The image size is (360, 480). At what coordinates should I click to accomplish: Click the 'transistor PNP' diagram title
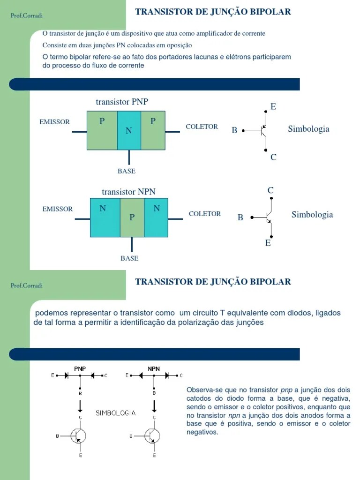(x=122, y=102)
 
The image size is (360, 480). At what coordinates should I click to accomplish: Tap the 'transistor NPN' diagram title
(x=128, y=192)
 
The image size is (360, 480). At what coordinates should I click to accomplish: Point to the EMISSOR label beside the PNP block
(x=55, y=122)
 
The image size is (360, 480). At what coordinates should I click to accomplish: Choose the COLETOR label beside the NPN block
(x=205, y=214)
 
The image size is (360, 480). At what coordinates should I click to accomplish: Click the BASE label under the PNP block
(x=127, y=171)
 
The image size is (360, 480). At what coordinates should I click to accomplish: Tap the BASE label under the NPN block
(x=129, y=258)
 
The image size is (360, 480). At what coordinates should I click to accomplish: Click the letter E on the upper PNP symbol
(x=273, y=107)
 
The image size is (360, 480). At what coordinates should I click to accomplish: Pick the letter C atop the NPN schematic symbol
(x=270, y=190)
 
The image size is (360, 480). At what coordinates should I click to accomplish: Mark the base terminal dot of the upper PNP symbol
(x=243, y=131)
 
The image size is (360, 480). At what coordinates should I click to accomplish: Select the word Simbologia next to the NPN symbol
(x=312, y=215)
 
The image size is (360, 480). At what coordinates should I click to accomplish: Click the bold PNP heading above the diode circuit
(x=80, y=368)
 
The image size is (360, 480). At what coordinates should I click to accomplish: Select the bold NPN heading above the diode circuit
(x=154, y=368)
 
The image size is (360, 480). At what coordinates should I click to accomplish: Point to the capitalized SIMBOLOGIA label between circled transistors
(x=116, y=413)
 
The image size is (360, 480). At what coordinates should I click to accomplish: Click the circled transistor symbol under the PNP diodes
(x=80, y=435)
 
